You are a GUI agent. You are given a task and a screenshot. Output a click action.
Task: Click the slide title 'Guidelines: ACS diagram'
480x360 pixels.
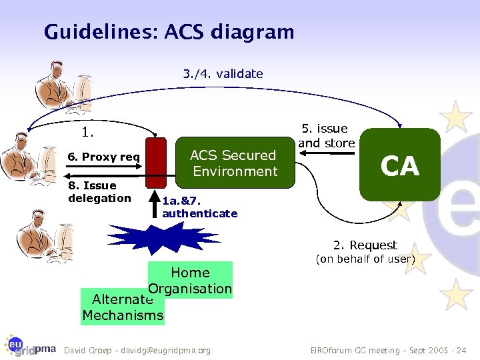tap(169, 31)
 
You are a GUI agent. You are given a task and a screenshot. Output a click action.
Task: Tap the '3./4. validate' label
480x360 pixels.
tap(223, 74)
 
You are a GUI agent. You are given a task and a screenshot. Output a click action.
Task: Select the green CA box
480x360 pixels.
tap(400, 165)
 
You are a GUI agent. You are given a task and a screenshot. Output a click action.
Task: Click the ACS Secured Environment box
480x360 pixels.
tap(233, 163)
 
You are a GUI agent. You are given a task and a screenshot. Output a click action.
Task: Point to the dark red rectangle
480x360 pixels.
tap(155, 162)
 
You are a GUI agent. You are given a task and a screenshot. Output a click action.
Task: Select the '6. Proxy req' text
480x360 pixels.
tap(104, 157)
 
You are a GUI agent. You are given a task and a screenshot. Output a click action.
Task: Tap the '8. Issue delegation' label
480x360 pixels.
tap(100, 192)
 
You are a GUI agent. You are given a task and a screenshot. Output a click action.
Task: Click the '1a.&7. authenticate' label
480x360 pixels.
tap(199, 207)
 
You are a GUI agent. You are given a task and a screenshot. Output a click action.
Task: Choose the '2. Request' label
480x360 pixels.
tap(365, 245)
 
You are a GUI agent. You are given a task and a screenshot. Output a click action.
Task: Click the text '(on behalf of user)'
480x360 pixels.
tap(365, 259)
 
